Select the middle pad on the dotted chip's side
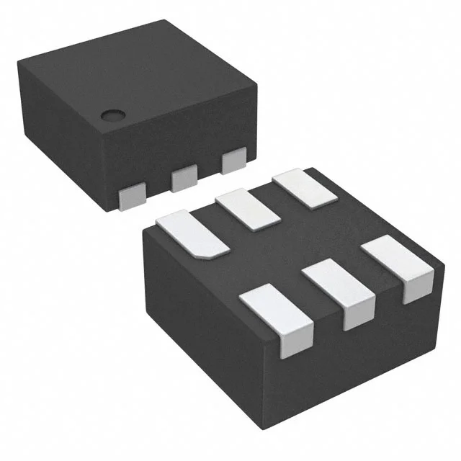click(184, 177)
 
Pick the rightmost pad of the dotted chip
click(234, 161)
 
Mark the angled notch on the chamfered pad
click(216, 252)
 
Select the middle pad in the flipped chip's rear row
click(247, 209)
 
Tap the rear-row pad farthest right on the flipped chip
click(305, 188)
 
